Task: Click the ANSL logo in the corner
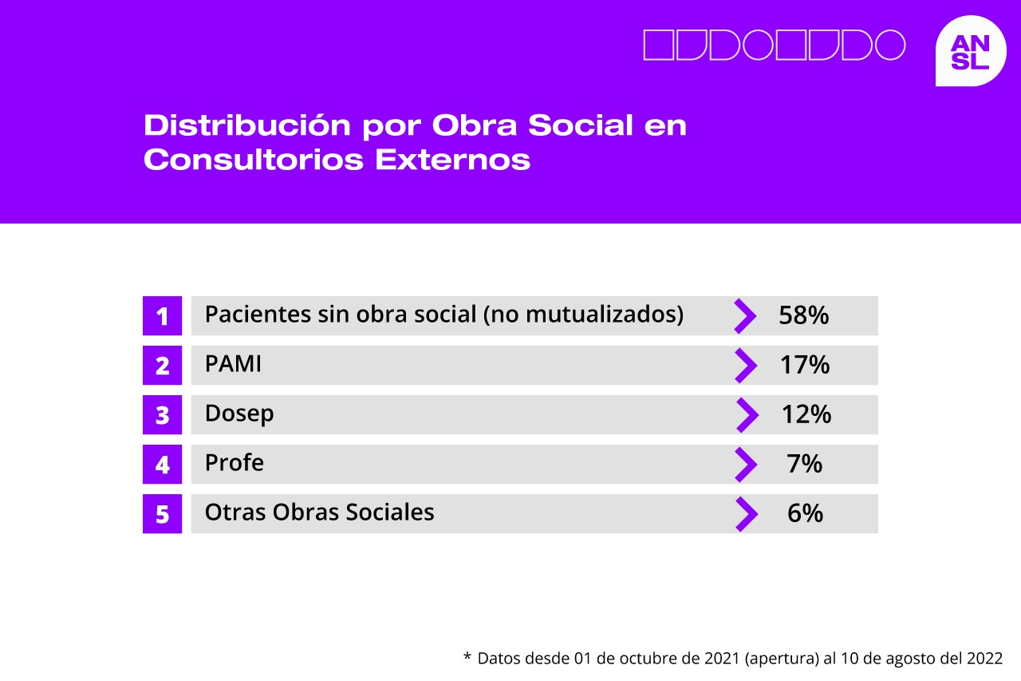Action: click(971, 50)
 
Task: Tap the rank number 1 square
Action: click(162, 315)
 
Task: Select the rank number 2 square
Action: click(162, 365)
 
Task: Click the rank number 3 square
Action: click(162, 414)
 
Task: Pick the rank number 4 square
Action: click(162, 464)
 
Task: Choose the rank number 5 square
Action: click(162, 513)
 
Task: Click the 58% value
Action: click(803, 315)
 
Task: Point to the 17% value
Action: click(805, 365)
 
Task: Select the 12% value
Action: click(806, 414)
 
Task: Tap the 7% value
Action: click(805, 464)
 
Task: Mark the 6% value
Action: click(805, 513)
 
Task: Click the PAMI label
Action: click(233, 364)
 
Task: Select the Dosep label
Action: click(239, 414)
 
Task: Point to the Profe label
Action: click(235, 462)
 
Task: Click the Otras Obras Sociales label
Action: click(320, 513)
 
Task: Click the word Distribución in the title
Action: click(247, 125)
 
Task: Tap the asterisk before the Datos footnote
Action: click(467, 656)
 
